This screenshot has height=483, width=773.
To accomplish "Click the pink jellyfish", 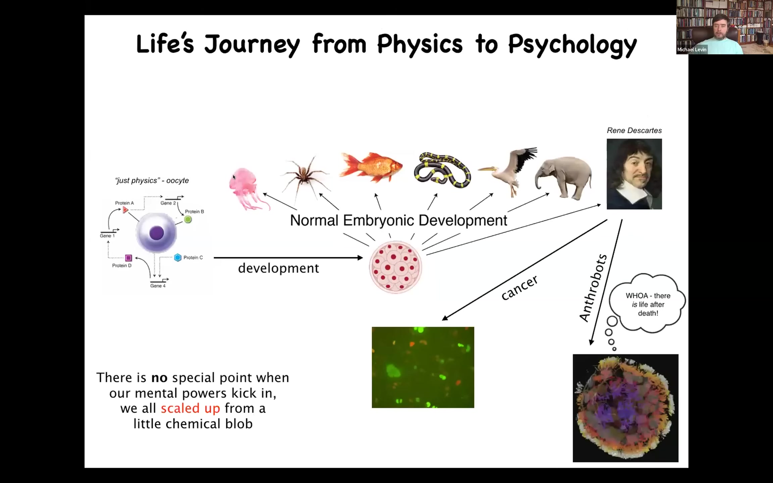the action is [x=247, y=188].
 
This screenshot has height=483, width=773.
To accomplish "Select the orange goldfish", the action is [x=371, y=167].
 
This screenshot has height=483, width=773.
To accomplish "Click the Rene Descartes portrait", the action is [x=634, y=174].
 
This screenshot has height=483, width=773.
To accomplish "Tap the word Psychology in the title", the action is [x=572, y=45].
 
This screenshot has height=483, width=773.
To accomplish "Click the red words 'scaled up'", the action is [x=190, y=409].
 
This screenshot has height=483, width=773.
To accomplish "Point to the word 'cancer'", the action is [x=519, y=287].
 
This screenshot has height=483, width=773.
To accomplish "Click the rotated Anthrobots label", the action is [x=593, y=288].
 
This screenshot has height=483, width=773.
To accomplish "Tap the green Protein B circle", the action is [x=188, y=219].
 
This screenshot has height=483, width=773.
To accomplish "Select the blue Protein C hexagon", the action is [x=178, y=257].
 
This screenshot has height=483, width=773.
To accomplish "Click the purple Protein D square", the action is [x=128, y=258].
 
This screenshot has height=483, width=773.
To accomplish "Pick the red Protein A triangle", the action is [x=125, y=210].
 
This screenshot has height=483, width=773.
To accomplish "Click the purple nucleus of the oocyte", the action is [x=156, y=233].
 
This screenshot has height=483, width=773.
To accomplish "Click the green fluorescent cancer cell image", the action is [x=423, y=367].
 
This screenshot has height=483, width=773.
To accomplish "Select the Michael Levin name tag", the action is [x=692, y=50].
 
